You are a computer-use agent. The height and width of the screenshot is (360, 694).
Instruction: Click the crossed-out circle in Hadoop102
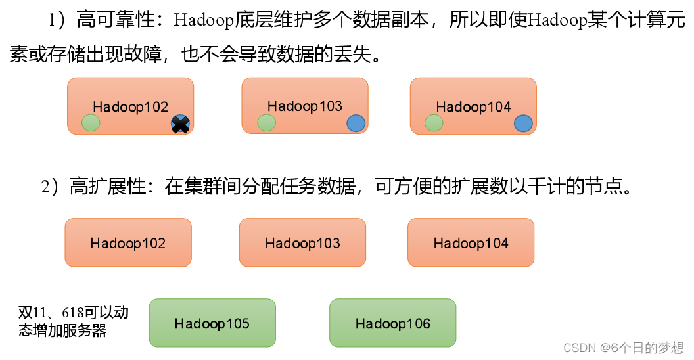click(180, 124)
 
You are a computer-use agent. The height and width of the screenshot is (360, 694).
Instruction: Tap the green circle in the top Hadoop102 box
click(91, 122)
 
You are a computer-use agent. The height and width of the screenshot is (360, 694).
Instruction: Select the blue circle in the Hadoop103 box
click(355, 122)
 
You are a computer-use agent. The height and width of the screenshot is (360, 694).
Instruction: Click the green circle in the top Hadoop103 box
click(266, 122)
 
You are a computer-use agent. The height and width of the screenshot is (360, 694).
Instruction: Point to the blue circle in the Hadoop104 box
click(523, 123)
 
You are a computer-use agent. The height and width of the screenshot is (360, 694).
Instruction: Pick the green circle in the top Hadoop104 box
click(434, 122)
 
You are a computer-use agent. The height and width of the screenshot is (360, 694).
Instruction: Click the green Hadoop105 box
click(212, 323)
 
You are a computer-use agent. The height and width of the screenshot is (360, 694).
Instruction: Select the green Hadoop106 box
click(392, 323)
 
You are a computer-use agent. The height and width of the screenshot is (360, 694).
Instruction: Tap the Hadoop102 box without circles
click(128, 242)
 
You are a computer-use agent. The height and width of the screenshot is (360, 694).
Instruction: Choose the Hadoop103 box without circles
click(302, 242)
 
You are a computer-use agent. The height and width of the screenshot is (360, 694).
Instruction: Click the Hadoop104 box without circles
click(471, 242)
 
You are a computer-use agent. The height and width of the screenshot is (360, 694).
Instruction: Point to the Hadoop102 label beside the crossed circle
click(130, 107)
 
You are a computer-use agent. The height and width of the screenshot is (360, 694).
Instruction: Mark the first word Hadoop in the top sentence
click(204, 20)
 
